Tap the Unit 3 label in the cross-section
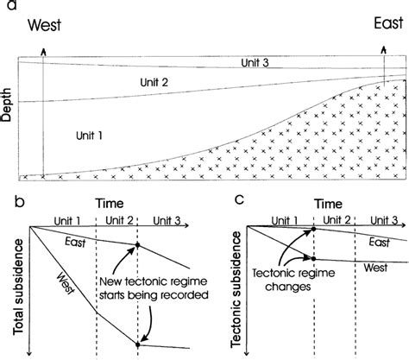coord(258,62)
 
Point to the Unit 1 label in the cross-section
coord(91,136)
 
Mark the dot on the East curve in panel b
coord(137,247)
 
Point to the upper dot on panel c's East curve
coord(315,229)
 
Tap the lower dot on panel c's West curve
coord(315,259)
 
